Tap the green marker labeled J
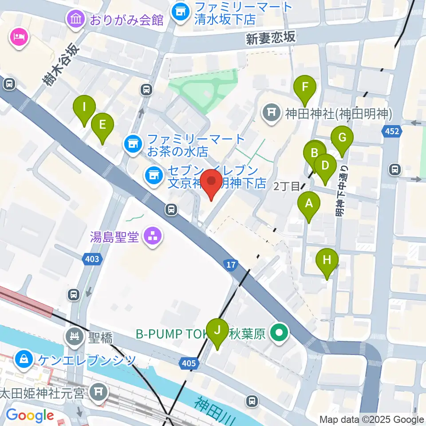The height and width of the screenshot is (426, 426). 217,331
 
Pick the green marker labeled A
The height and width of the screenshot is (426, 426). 309,204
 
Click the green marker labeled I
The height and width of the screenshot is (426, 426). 84,107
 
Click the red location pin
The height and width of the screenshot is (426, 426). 212,183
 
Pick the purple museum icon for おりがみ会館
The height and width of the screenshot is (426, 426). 75,19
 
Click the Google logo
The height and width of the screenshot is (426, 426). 30,415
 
